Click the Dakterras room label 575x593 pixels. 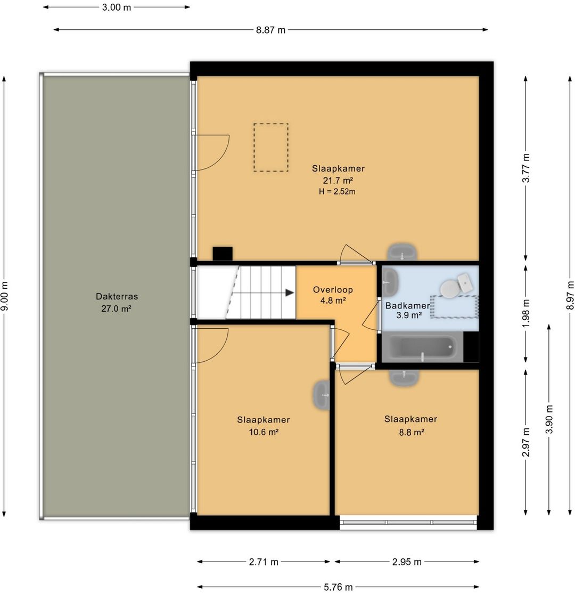point(117,296)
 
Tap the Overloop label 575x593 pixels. point(333,290)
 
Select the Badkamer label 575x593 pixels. point(407,306)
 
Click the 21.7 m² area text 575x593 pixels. point(338,180)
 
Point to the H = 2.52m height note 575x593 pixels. point(337,191)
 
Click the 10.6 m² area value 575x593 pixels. point(264,432)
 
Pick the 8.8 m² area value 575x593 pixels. point(412,432)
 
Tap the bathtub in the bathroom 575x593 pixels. point(422,347)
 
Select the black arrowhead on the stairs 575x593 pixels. point(290,293)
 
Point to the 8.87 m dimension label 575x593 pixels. point(270,30)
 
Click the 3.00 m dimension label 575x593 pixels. point(117,7)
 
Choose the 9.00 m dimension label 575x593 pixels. point(5,296)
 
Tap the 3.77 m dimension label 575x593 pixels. point(525,168)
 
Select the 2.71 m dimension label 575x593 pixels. point(264,562)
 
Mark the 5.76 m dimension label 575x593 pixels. point(338,587)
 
